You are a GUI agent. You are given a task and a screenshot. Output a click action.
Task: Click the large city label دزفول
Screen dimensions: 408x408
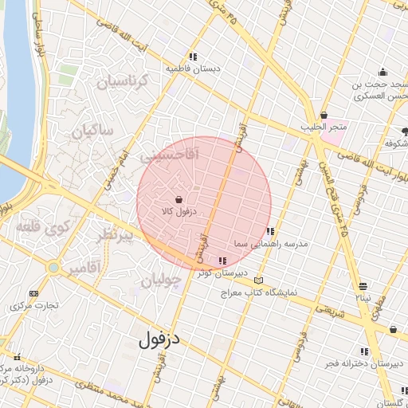click(159, 339)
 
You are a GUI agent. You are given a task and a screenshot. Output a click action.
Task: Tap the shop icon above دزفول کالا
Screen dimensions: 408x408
click(179, 198)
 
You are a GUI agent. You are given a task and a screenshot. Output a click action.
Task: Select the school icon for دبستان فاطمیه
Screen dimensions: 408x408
click(193, 57)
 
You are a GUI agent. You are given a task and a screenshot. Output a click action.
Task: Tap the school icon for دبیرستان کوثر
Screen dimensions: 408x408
click(222, 261)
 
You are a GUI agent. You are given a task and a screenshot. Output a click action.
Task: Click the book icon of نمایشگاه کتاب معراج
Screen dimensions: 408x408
click(257, 280)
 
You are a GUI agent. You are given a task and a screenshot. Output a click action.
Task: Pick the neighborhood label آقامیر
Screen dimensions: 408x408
click(84, 269)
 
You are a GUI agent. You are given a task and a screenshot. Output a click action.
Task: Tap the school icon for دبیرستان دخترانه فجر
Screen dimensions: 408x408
click(364, 351)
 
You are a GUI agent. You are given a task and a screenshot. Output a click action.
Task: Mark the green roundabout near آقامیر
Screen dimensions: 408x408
click(53, 268)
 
